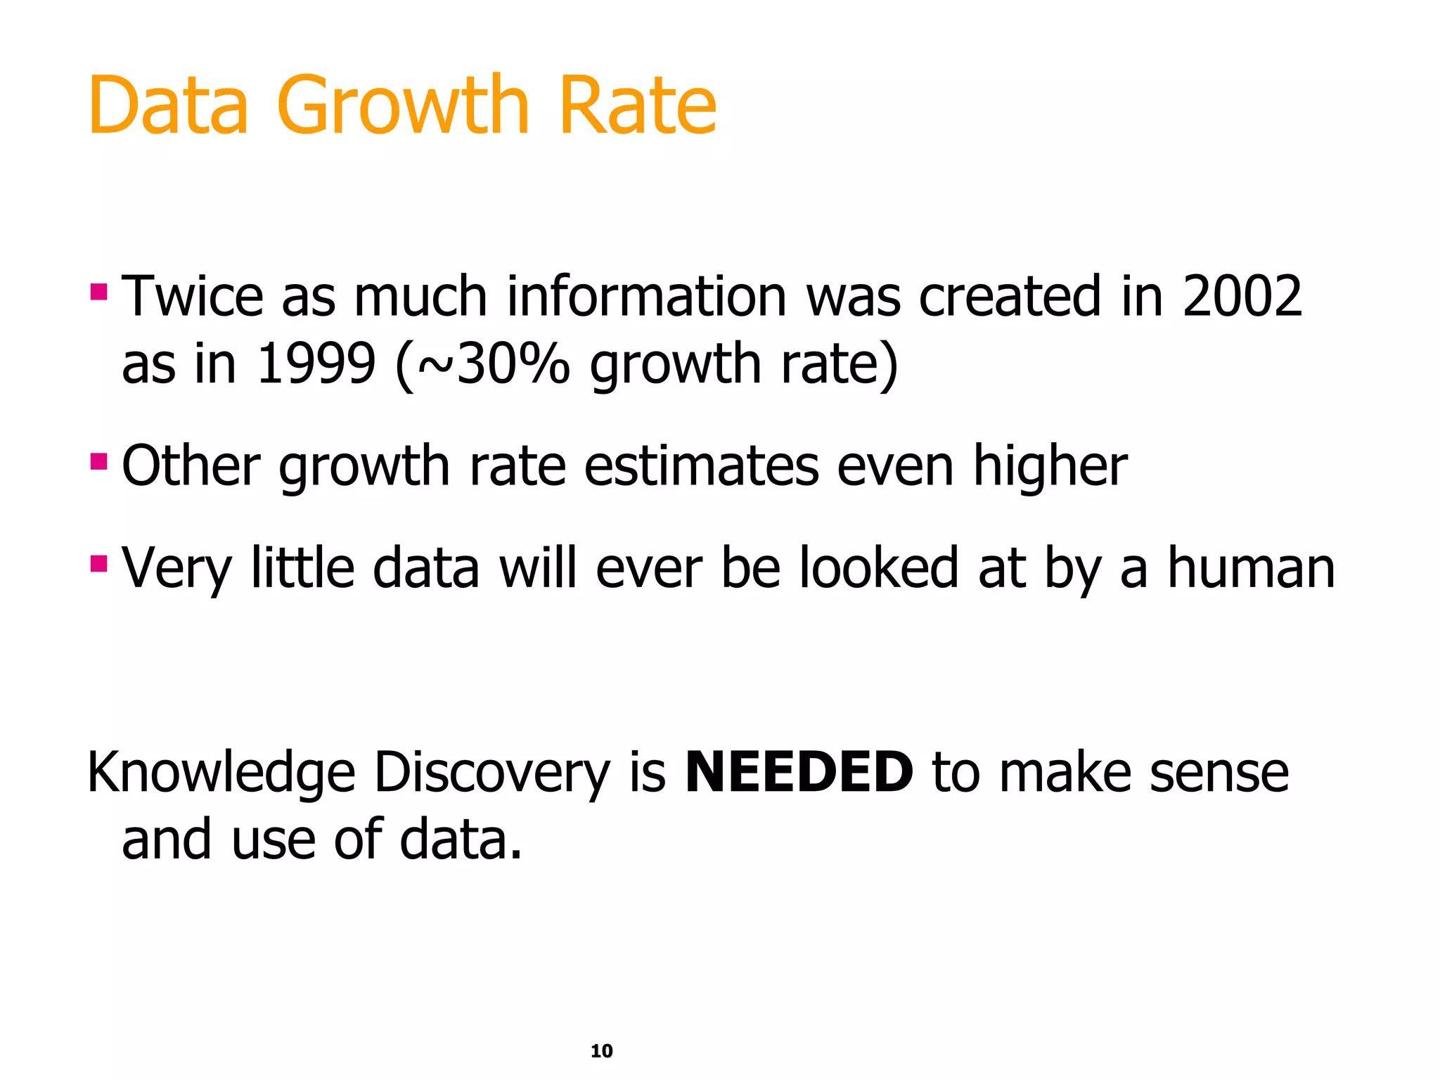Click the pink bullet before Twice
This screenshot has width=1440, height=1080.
(98, 291)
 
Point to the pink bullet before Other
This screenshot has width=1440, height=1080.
(98, 462)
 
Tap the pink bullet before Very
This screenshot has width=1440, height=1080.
(98, 563)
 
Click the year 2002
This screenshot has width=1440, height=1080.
(1242, 297)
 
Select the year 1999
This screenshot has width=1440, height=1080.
(316, 364)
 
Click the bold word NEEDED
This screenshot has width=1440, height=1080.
(799, 772)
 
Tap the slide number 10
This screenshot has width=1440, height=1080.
(602, 1050)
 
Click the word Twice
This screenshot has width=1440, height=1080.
(193, 297)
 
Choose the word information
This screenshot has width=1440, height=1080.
(646, 297)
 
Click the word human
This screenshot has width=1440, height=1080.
(1251, 568)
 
